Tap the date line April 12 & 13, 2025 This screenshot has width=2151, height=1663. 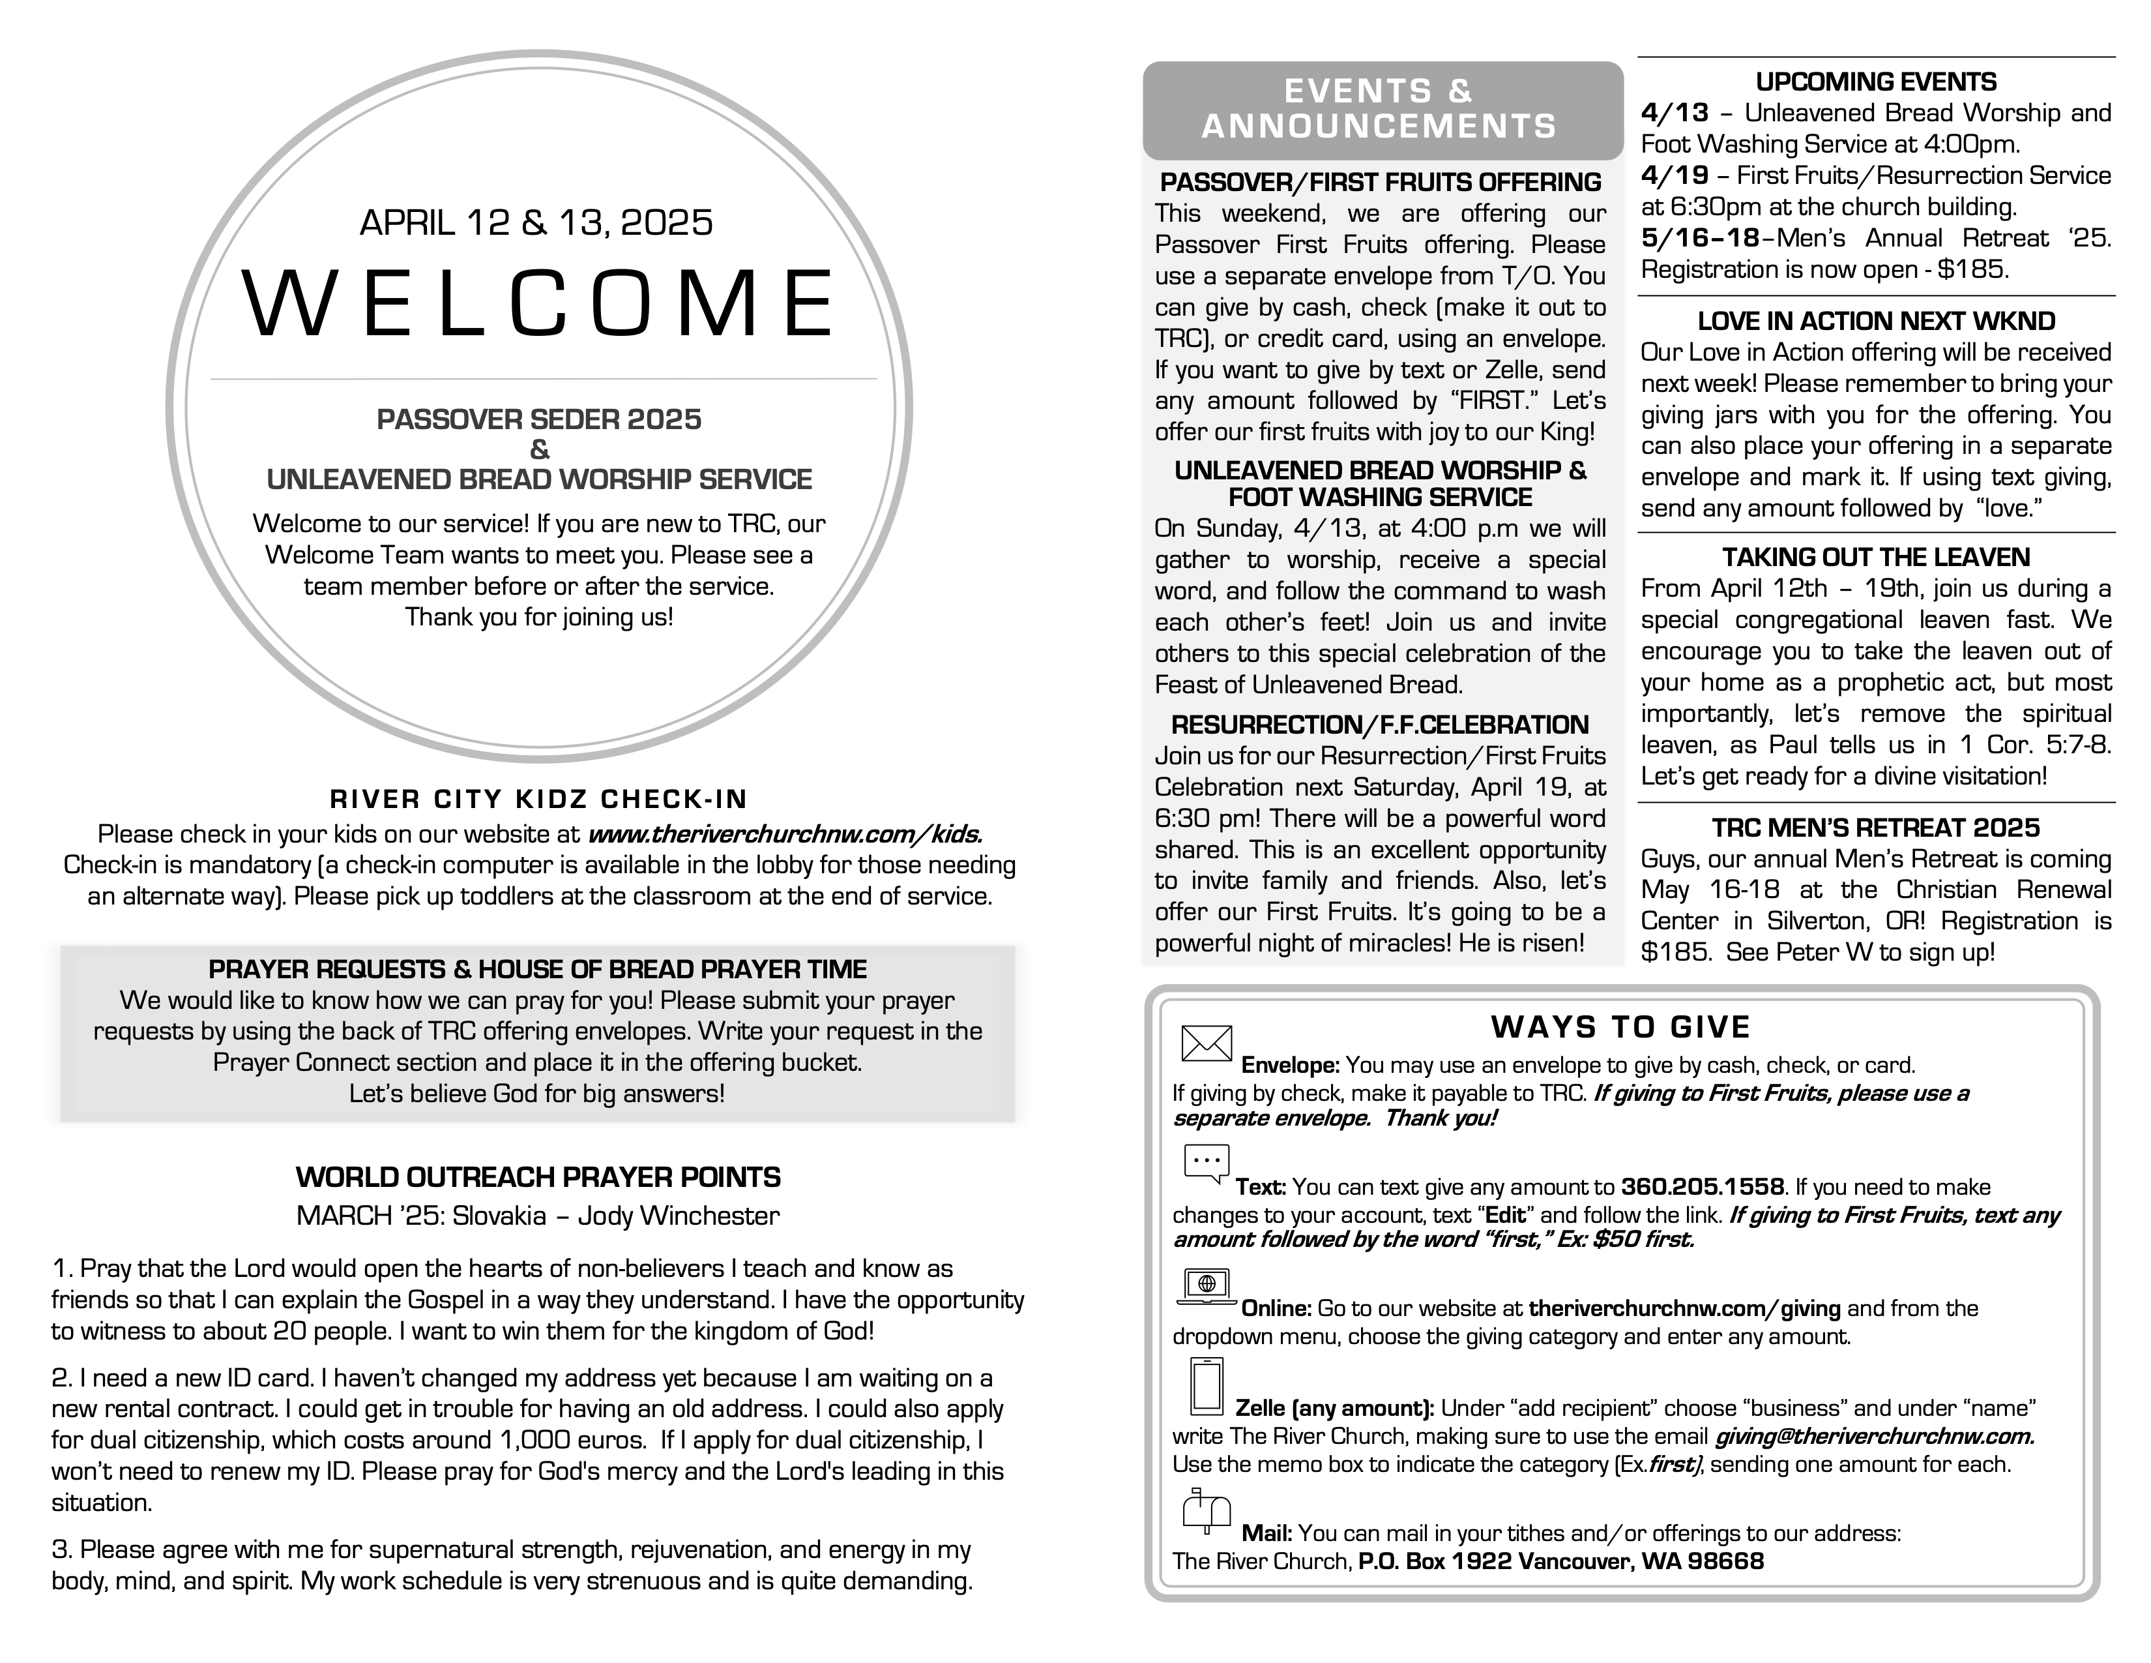(536, 222)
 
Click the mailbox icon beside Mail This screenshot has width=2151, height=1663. (1205, 1511)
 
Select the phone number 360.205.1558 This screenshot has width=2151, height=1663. (1702, 1187)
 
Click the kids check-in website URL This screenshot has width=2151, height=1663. (785, 835)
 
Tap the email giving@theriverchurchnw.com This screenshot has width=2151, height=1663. (1874, 1437)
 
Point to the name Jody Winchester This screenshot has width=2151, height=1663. (679, 1216)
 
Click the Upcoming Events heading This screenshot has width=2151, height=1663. (1876, 82)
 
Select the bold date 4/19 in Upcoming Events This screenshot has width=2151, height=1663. (1675, 175)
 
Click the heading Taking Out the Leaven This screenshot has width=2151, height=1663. (1876, 558)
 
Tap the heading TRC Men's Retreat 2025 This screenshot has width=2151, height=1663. (1876, 828)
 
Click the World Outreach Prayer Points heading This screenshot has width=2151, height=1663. (538, 1177)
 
